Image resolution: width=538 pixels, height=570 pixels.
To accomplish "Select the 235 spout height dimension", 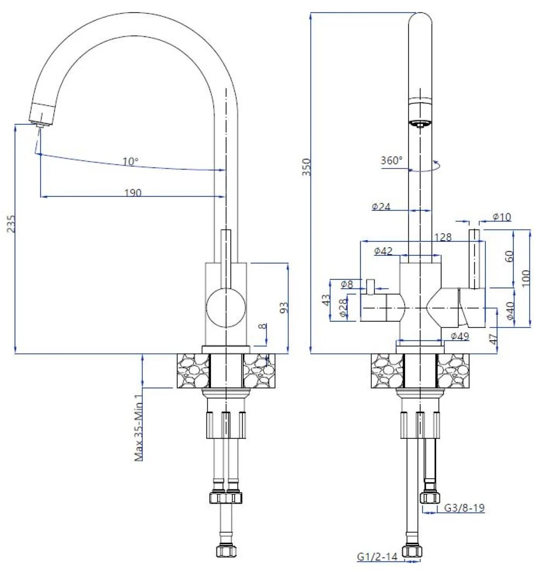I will pos(10,225).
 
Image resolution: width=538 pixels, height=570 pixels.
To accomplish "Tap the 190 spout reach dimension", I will pos(132,193).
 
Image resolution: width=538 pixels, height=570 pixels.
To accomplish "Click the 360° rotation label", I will pos(391,160).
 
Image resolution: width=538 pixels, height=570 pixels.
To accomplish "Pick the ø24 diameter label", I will pos(381,206).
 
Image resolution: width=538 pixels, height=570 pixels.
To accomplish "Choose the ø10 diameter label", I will pos(501,217).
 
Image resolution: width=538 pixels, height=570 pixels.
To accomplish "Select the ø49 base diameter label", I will pos(460,336).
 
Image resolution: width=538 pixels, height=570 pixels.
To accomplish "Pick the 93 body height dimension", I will pos(285,307).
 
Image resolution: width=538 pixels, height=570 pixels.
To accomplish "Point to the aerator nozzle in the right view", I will pos(420,124).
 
